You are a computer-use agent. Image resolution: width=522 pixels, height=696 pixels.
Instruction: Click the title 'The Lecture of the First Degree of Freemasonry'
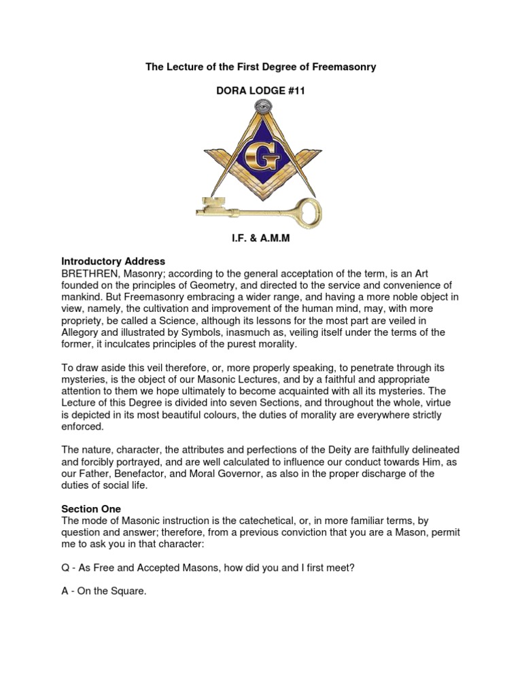pyautogui.click(x=262, y=67)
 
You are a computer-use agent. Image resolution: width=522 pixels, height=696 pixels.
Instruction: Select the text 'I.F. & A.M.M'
pyautogui.click(x=262, y=239)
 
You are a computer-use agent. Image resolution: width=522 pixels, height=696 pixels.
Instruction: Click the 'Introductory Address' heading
pyautogui.click(x=113, y=261)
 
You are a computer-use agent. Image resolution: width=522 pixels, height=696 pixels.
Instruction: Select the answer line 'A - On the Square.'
pyautogui.click(x=104, y=591)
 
